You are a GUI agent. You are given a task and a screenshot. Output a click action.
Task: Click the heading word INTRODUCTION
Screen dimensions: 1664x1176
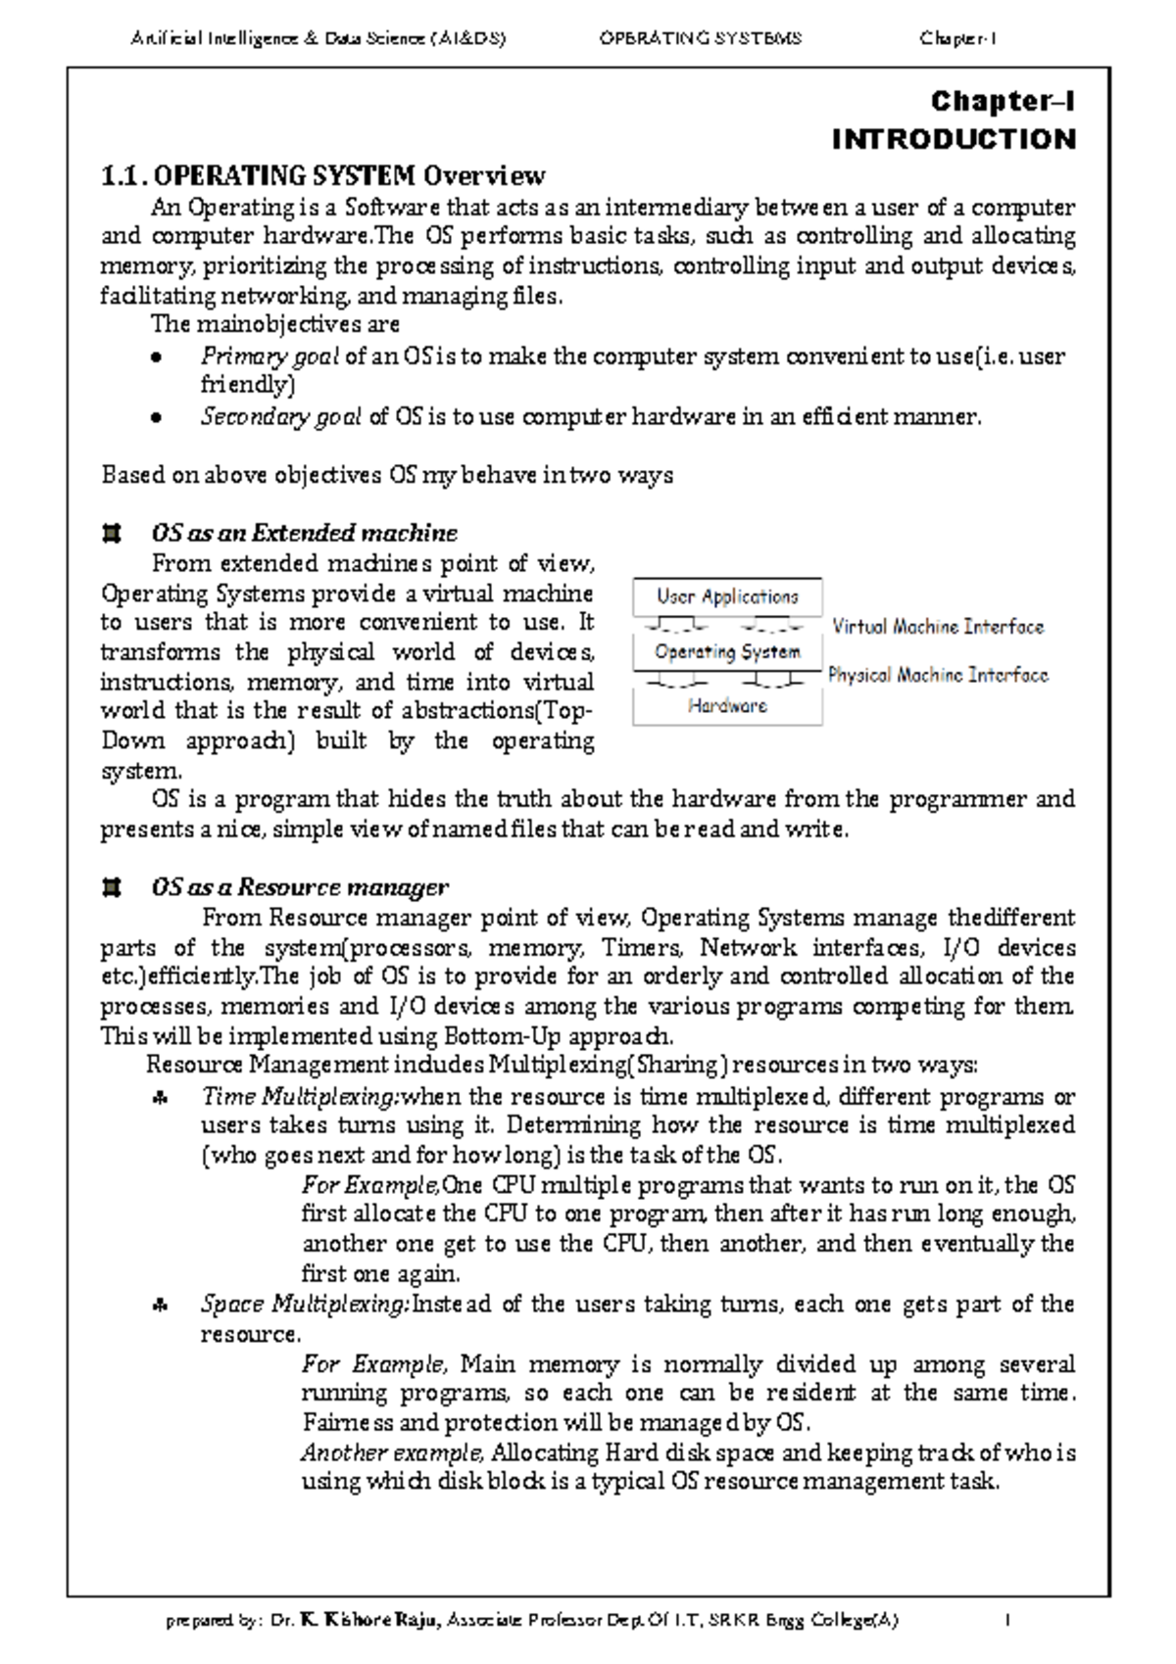[953, 139]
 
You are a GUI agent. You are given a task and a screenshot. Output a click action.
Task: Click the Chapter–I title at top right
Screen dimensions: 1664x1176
[1003, 102]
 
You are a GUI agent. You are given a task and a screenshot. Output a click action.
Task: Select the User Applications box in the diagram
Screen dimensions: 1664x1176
[727, 596]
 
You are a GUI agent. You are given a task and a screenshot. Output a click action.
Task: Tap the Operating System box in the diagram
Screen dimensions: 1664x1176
[727, 651]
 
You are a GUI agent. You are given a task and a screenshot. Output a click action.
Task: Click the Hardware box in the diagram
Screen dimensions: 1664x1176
[727, 705]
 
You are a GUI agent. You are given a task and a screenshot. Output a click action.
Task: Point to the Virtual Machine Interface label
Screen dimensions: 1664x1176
[938, 627]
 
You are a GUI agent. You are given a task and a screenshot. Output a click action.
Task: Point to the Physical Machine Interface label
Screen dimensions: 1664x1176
[938, 675]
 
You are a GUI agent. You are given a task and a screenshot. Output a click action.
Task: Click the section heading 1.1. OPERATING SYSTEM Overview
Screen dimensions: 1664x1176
[323, 175]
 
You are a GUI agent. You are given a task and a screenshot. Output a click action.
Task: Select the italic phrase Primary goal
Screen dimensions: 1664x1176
[269, 357]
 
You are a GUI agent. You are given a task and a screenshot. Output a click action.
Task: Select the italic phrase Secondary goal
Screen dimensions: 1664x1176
[281, 417]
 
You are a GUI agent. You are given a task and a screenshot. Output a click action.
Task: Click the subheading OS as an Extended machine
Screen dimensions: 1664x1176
[304, 533]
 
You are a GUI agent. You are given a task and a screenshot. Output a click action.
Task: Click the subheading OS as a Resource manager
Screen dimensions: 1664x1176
[300, 887]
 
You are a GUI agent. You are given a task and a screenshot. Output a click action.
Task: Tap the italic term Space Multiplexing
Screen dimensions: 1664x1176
[304, 1305]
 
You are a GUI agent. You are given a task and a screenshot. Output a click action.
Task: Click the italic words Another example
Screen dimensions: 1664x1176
[392, 1452]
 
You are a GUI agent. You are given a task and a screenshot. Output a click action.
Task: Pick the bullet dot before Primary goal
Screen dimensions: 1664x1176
[155, 357]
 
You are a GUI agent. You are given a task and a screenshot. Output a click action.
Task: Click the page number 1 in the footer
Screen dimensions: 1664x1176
[1006, 1620]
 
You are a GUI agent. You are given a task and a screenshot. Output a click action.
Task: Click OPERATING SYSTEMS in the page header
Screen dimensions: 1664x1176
[700, 38]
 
